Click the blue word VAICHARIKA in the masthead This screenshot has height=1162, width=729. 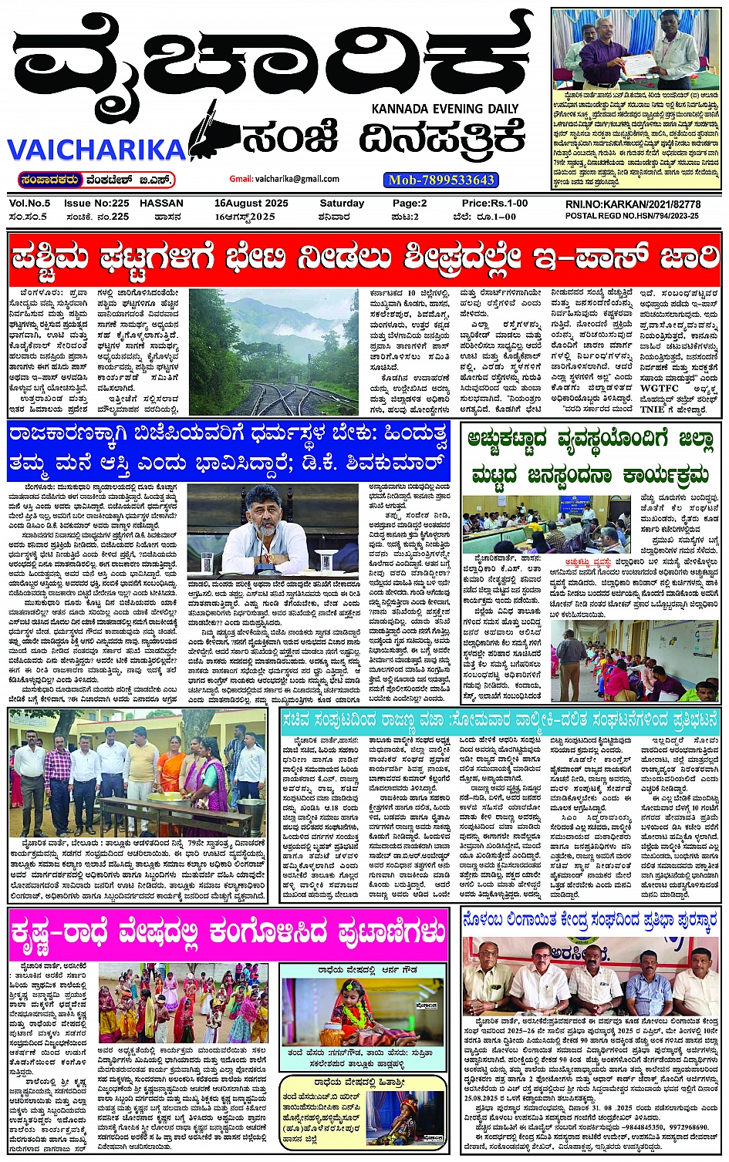96,149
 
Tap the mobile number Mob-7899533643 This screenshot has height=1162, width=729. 441,180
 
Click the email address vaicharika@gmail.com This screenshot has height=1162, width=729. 285,179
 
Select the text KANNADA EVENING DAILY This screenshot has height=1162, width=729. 444,109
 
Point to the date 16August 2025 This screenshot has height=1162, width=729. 251,204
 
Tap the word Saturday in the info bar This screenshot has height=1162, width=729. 342,204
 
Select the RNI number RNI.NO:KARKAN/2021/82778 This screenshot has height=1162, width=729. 633,204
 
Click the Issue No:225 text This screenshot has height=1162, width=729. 96,204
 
